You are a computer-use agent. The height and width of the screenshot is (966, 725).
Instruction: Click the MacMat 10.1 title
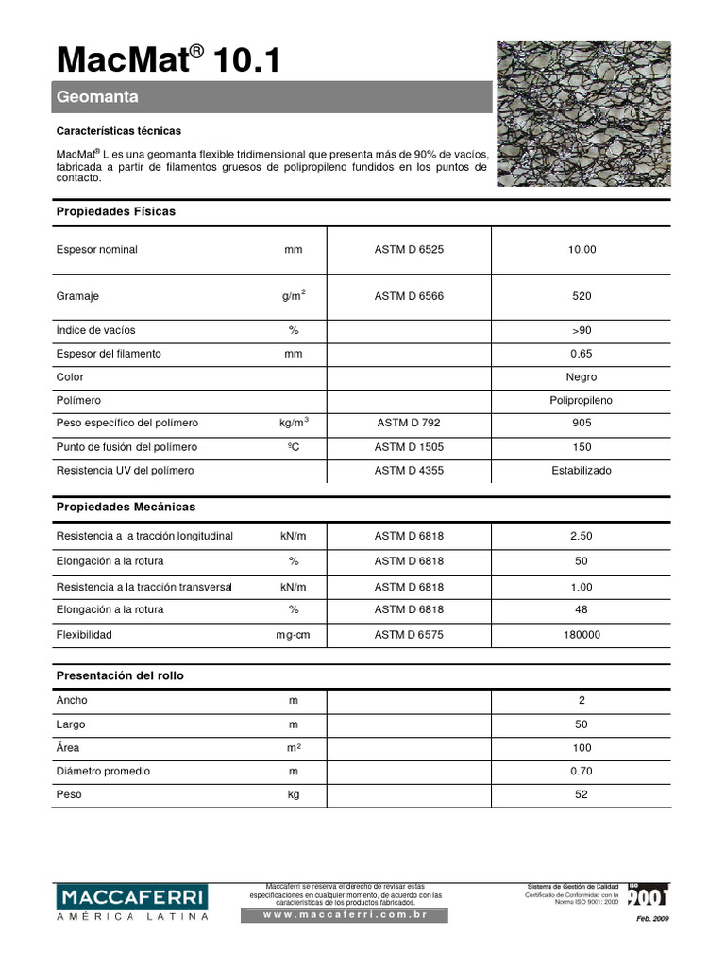(168, 59)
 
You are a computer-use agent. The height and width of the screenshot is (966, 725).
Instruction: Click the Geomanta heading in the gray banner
(98, 97)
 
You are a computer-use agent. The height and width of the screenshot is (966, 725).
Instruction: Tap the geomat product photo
(584, 113)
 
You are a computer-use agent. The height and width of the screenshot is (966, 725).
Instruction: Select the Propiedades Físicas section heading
(116, 211)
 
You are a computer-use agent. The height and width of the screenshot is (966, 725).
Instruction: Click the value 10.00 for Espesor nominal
(582, 250)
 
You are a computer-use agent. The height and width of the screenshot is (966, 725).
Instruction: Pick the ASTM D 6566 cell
(409, 296)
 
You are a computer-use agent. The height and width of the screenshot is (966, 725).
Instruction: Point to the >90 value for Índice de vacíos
(582, 330)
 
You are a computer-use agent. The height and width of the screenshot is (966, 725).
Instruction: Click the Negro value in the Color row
(582, 376)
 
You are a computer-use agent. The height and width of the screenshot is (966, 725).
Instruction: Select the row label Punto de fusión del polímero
(126, 446)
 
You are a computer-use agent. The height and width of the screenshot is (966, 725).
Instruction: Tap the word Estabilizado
(582, 470)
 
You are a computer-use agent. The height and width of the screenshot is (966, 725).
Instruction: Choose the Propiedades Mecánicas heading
(126, 507)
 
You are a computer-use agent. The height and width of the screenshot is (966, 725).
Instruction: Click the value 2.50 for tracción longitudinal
(582, 536)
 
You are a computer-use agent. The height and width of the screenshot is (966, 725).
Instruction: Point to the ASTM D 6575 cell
(409, 635)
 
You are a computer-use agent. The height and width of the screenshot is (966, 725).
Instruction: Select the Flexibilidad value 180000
(582, 635)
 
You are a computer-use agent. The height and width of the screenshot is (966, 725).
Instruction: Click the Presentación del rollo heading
(121, 676)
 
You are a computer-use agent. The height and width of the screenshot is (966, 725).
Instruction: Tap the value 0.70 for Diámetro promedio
(582, 771)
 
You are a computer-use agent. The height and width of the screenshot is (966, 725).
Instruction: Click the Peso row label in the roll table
(69, 794)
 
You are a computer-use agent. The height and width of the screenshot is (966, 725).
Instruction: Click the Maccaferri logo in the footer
(131, 902)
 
